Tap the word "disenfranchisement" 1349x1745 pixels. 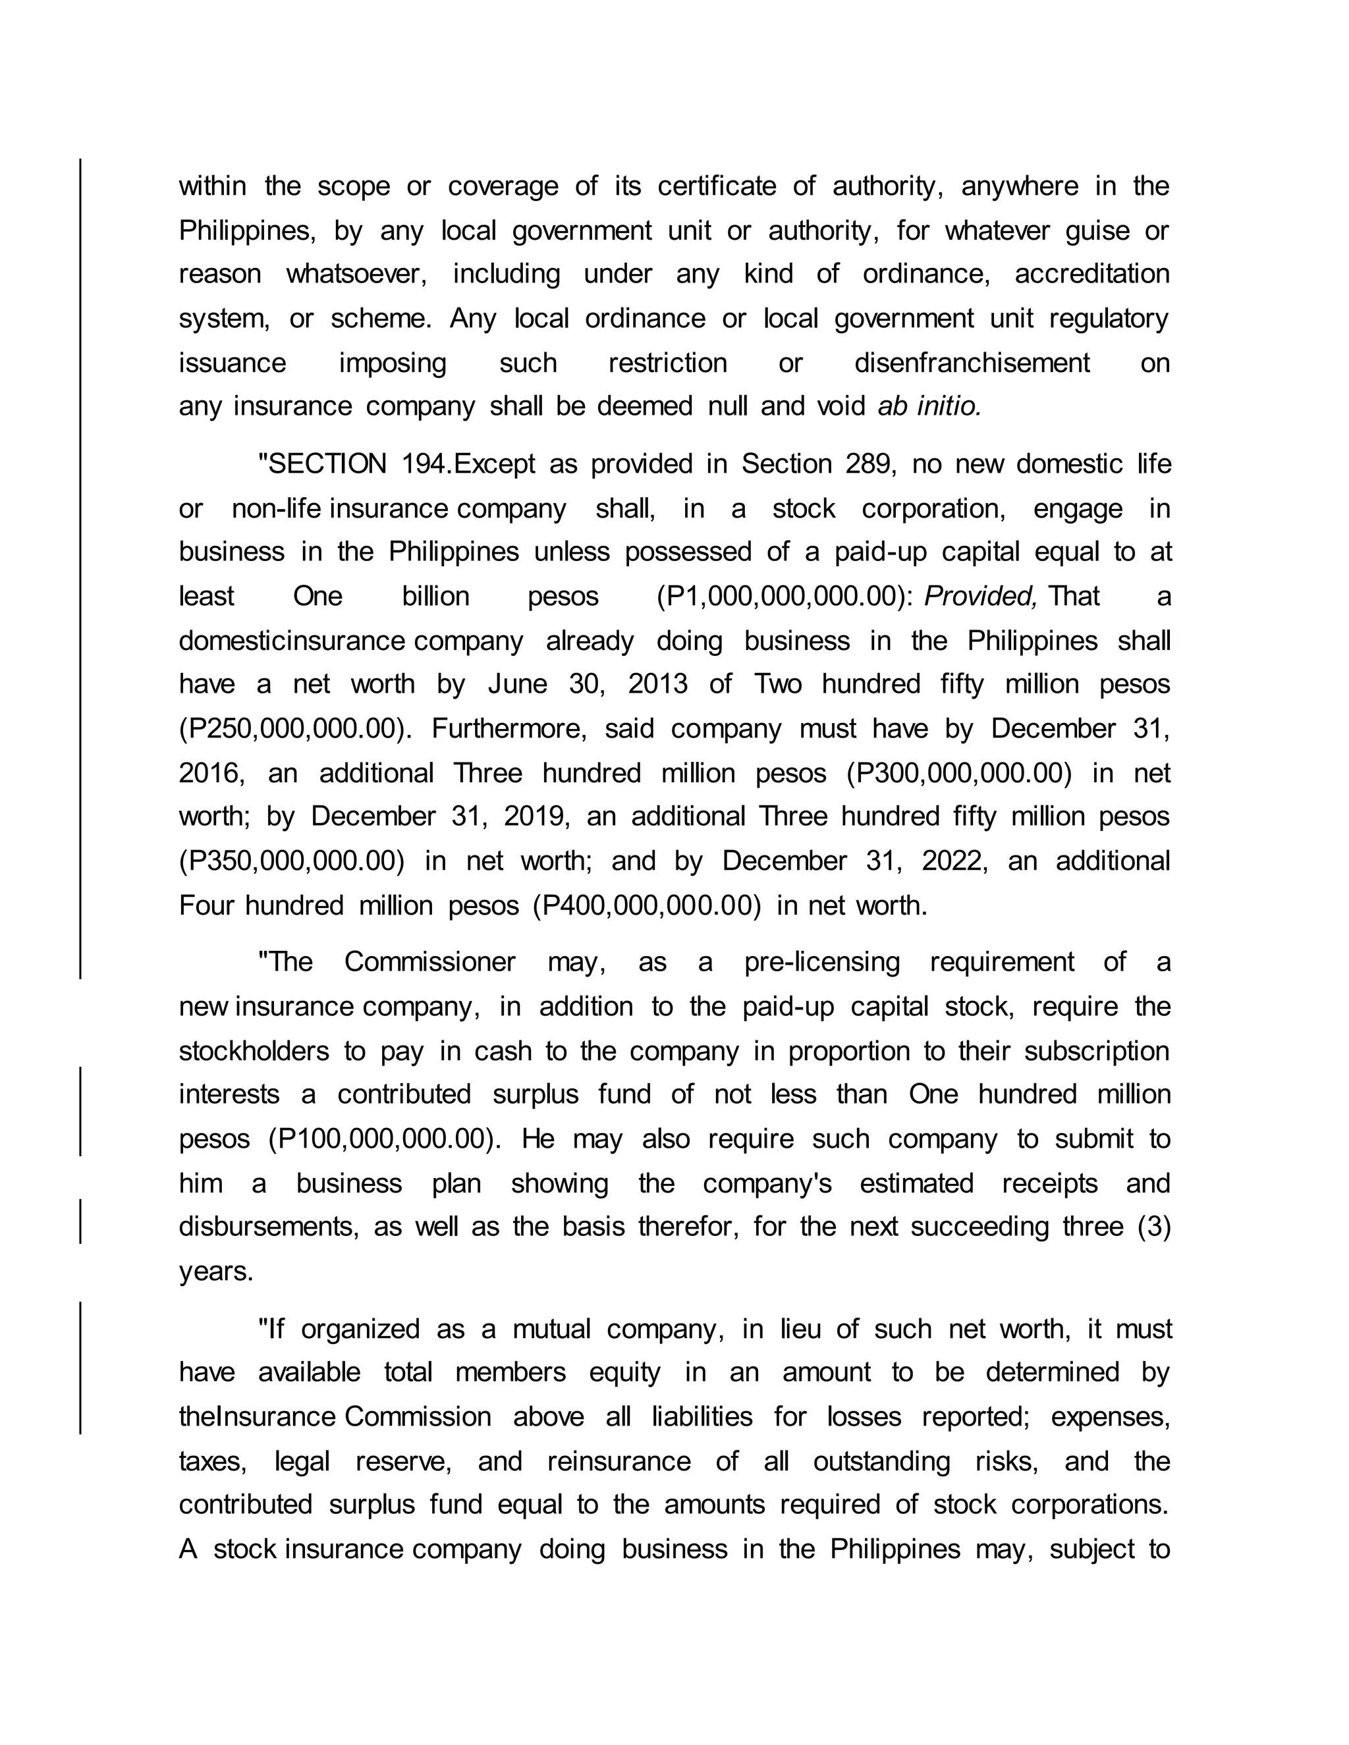click(972, 363)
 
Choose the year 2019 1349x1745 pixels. click(536, 817)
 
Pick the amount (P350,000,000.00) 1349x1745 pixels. click(292, 861)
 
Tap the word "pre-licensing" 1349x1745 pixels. click(821, 962)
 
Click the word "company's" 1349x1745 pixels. click(767, 1183)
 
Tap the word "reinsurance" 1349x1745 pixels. click(619, 1461)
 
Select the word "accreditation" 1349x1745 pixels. click(1091, 274)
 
